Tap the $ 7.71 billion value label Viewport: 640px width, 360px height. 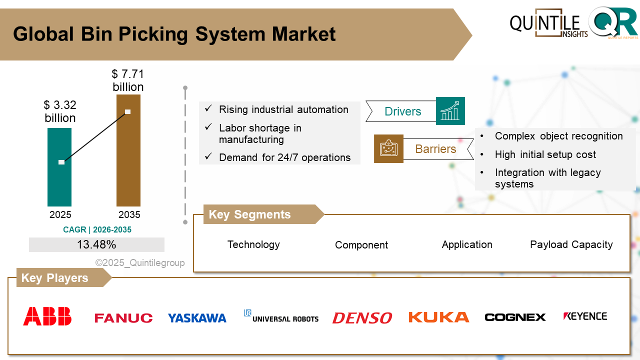128,80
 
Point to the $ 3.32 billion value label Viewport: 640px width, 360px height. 60,111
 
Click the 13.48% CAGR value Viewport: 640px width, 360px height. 96,244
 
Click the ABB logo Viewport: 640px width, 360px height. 47,316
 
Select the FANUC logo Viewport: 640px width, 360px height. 123,318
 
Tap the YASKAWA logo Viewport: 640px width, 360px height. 197,318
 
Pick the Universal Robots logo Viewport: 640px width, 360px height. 281,316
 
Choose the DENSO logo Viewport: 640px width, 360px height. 362,318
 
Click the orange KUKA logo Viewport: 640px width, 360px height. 438,317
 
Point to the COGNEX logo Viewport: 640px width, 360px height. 515,317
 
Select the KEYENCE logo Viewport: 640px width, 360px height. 585,316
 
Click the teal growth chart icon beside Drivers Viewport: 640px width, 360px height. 450,111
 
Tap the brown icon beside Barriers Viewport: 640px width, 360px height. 388,148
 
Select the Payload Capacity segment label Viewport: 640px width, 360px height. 571,244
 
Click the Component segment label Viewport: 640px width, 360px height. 361,245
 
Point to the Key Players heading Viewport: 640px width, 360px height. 54,278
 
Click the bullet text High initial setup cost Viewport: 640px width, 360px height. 545,154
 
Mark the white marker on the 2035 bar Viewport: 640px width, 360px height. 128,111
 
